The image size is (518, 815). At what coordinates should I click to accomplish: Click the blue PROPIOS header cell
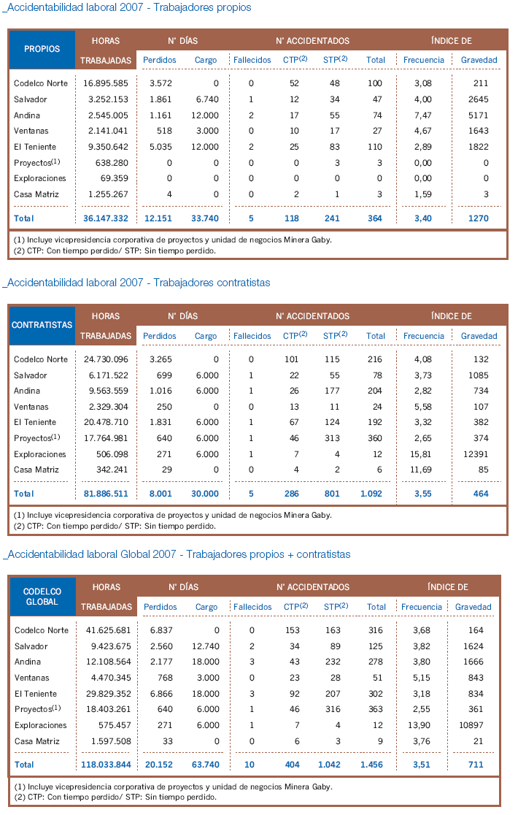pos(42,50)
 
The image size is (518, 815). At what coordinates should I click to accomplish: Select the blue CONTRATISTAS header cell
pos(42,326)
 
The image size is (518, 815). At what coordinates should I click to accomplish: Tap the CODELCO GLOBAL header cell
pos(43,597)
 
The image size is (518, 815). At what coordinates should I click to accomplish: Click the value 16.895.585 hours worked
pos(105,83)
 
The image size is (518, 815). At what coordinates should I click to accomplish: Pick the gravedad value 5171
pos(478,115)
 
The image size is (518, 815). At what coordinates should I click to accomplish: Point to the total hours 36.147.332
pos(105,218)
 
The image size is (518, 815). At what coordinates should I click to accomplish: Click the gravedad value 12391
pos(476,454)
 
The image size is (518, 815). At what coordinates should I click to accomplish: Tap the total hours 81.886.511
pos(106,494)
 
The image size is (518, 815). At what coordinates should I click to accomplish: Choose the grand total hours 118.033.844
pos(106,765)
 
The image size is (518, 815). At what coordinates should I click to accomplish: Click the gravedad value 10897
pos(471,725)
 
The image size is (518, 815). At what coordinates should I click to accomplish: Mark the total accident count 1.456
pos(371,765)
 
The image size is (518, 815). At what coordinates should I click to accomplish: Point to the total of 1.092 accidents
pos(371,494)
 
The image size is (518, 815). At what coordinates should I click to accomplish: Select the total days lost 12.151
pos(158,218)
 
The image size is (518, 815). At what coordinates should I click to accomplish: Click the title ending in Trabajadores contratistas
pos(137,283)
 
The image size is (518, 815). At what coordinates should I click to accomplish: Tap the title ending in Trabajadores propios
pos(127,7)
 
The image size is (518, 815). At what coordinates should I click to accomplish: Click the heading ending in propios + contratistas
pos(177,554)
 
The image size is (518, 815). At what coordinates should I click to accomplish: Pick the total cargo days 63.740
pos(206,765)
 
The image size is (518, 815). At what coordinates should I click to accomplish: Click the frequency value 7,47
pos(423,115)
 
